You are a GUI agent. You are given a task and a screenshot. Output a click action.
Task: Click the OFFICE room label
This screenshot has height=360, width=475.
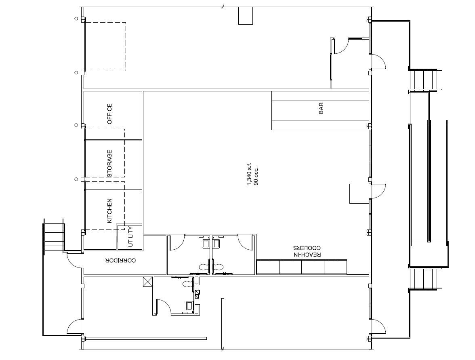(109, 114)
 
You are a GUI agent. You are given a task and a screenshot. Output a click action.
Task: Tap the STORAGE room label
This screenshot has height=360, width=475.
(109, 164)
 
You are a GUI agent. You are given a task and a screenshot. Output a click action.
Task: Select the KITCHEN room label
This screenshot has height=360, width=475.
(109, 211)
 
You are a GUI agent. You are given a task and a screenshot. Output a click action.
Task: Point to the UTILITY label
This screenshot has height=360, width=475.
(130, 237)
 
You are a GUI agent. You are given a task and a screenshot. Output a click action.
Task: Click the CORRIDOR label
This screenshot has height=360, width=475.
(121, 261)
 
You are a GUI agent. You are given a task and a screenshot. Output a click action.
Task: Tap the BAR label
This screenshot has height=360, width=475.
(321, 108)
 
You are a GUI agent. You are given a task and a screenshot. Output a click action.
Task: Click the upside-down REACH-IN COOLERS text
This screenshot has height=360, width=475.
(307, 251)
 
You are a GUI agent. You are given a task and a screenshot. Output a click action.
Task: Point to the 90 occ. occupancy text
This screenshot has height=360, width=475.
(256, 176)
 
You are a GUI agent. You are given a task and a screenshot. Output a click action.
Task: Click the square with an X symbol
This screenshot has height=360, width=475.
(147, 282)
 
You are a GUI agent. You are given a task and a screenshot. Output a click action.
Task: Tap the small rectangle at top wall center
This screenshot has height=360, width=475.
(245, 16)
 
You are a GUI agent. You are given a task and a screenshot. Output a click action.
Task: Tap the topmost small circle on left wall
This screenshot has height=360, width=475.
(76, 19)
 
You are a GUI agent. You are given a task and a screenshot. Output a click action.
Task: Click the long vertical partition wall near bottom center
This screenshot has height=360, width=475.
(222, 323)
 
